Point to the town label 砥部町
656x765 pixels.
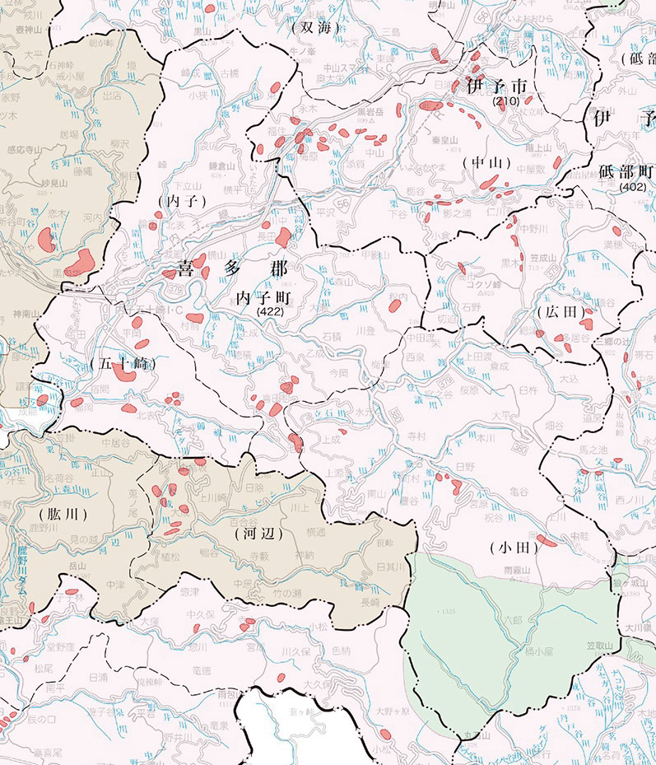[x=626, y=173]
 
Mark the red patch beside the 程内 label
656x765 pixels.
[x=394, y=306]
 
